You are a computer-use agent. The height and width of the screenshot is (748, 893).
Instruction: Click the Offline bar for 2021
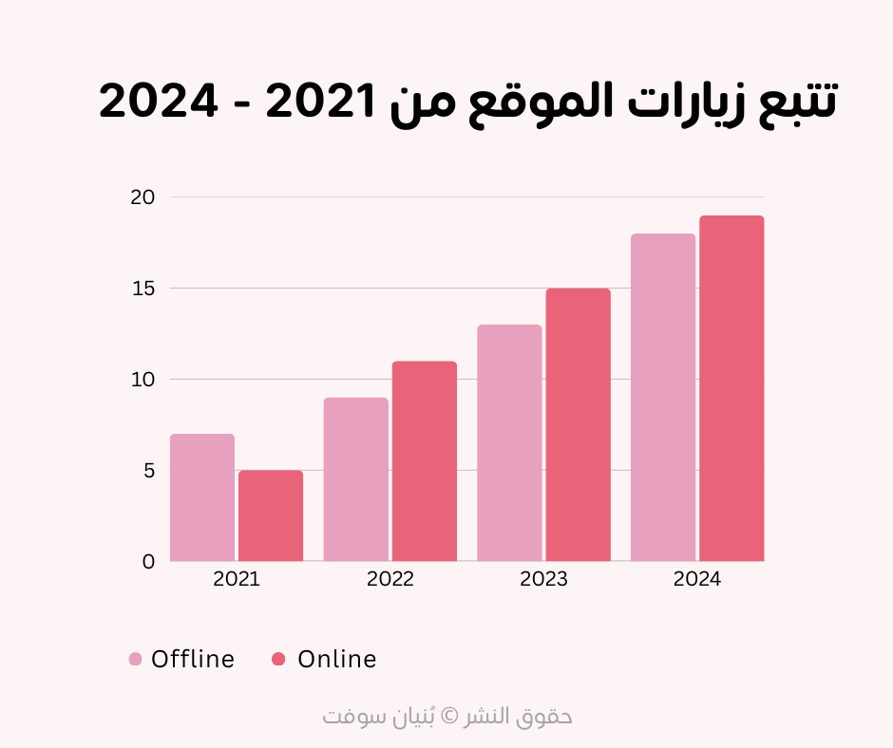pyautogui.click(x=202, y=497)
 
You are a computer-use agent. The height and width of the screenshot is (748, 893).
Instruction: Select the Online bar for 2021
pyautogui.click(x=271, y=515)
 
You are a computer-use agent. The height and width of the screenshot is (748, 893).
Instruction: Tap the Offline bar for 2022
pyautogui.click(x=355, y=479)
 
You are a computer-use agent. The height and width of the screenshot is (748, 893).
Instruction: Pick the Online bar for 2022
pyautogui.click(x=425, y=461)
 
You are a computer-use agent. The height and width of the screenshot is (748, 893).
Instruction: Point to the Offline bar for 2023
pyautogui.click(x=509, y=443)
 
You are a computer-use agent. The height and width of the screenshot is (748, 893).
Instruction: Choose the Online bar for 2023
pyautogui.click(x=578, y=425)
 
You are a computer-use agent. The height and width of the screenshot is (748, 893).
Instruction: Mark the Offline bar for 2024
pyautogui.click(x=663, y=398)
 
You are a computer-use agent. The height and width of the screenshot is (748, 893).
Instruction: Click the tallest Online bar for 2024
pyautogui.click(x=731, y=388)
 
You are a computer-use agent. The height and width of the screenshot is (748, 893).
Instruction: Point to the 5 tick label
pyautogui.click(x=148, y=471)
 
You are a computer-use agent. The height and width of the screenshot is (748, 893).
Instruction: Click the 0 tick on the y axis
pyautogui.click(x=148, y=562)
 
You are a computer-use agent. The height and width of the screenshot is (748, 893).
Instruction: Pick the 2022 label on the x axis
pyautogui.click(x=390, y=580)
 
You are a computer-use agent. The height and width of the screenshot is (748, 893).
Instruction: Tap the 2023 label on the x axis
pyautogui.click(x=543, y=580)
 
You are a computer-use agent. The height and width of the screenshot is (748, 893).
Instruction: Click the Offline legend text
pyautogui.click(x=193, y=660)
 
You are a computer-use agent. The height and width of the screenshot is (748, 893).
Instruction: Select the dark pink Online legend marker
pyautogui.click(x=278, y=660)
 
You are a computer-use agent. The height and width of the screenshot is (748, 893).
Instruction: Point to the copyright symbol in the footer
pyautogui.click(x=451, y=716)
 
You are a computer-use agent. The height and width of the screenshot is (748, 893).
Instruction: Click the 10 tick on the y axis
pyautogui.click(x=142, y=380)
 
